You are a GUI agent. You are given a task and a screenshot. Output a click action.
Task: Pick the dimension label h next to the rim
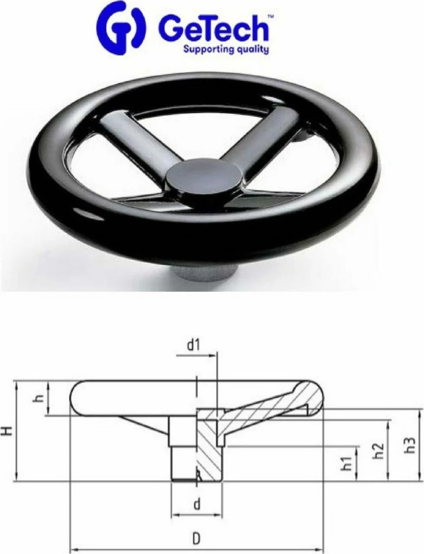(x=40, y=398)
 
